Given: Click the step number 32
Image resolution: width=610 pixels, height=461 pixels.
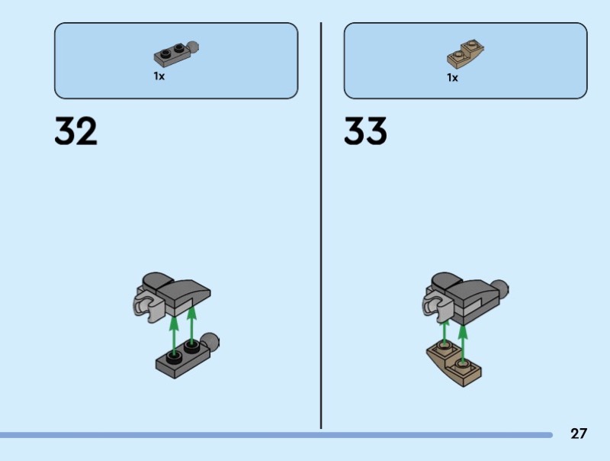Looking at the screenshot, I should click(x=76, y=132).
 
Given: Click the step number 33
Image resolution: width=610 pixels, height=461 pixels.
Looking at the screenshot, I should click(x=365, y=132).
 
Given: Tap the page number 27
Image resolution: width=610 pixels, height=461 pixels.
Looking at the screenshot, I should click(x=579, y=434).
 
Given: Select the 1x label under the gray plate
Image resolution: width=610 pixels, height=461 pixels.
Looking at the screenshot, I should click(x=159, y=76).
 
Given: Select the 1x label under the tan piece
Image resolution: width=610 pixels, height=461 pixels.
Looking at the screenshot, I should click(x=452, y=77).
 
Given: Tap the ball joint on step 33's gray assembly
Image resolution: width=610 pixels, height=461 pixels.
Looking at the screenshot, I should click(x=500, y=289).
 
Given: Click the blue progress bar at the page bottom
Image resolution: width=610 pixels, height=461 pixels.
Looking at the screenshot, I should click(x=274, y=435).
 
